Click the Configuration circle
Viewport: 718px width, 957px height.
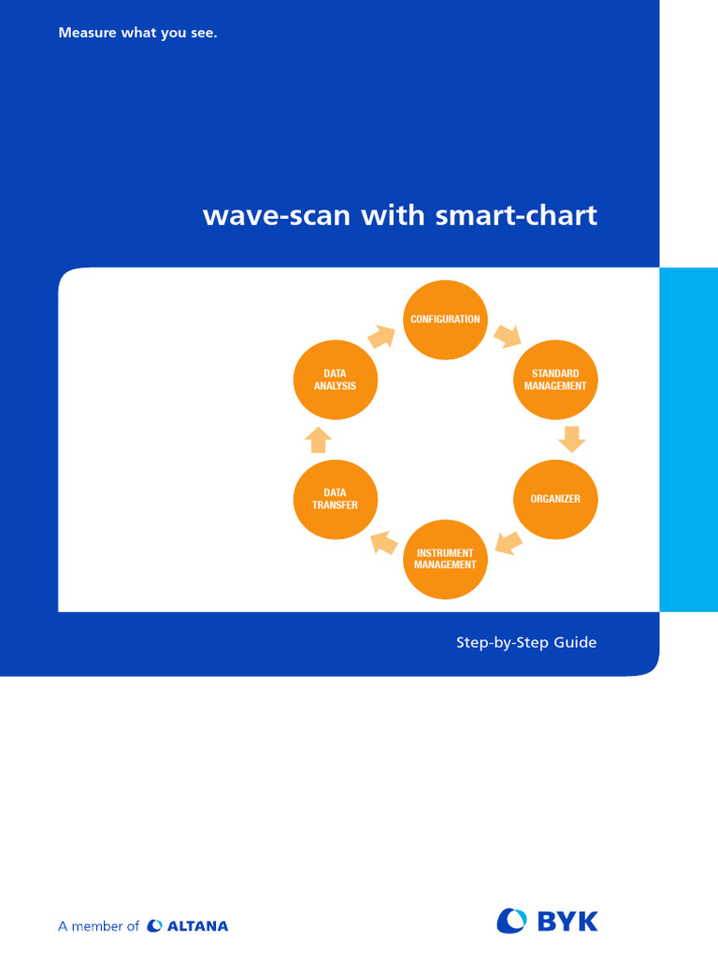tap(445, 320)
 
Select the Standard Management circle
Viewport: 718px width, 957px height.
tap(555, 379)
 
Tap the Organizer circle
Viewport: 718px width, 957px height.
tap(555, 499)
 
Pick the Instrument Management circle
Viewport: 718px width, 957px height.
tap(445, 559)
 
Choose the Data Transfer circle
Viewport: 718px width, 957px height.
tap(335, 499)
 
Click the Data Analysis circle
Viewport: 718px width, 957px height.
tap(335, 379)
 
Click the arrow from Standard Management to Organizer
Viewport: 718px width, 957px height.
tap(571, 438)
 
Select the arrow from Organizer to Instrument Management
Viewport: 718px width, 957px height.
tap(508, 542)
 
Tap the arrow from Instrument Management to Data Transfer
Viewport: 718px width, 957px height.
tap(383, 542)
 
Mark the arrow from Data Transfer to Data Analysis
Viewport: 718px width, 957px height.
tap(319, 439)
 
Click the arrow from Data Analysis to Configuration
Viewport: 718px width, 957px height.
tap(382, 336)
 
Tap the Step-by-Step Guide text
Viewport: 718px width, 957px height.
tap(525, 643)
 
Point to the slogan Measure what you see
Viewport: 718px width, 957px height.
tap(137, 34)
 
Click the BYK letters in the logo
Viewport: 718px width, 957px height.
tap(567, 921)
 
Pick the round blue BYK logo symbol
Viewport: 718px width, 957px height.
tap(512, 921)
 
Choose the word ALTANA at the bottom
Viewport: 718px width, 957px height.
tap(197, 926)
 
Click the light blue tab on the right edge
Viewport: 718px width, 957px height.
tap(688, 439)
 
